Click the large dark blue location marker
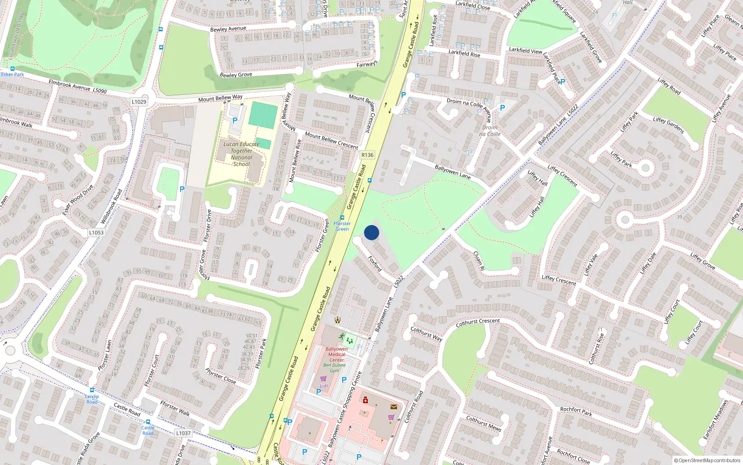point(371,232)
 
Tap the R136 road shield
point(367,155)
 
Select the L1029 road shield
point(139,102)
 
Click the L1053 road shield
point(96,232)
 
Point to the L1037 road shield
point(183,433)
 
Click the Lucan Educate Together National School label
point(241,154)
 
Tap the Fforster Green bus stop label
point(342,226)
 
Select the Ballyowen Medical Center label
point(337,354)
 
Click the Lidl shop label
point(324,386)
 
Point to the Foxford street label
point(375,264)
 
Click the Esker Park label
point(13,74)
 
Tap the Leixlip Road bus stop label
point(92,399)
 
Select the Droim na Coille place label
point(490,131)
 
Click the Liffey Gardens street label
point(669,125)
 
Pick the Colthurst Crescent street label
point(478,322)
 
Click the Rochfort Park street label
point(576,411)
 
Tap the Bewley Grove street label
point(236,75)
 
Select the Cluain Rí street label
point(479,261)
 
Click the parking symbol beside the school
point(235,120)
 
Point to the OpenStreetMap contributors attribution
point(707,460)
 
